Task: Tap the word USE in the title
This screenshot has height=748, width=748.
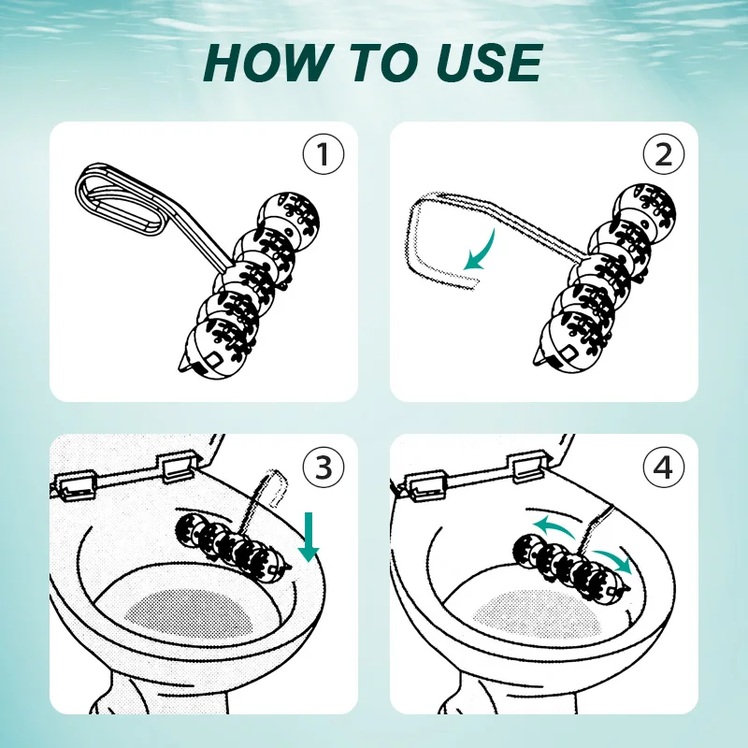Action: point(489,62)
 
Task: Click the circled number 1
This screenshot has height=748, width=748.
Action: point(324,153)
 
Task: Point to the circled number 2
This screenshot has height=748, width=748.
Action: point(664,153)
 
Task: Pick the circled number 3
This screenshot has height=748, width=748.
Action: point(324,467)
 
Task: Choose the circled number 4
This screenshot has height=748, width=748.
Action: point(664,467)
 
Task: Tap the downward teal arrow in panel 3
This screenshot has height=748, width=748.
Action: point(309,537)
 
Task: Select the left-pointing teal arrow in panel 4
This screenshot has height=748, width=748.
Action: point(555,527)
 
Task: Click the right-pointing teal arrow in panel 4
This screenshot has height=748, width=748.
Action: point(613,559)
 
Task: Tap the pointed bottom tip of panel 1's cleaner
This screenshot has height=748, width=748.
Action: point(180,367)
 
